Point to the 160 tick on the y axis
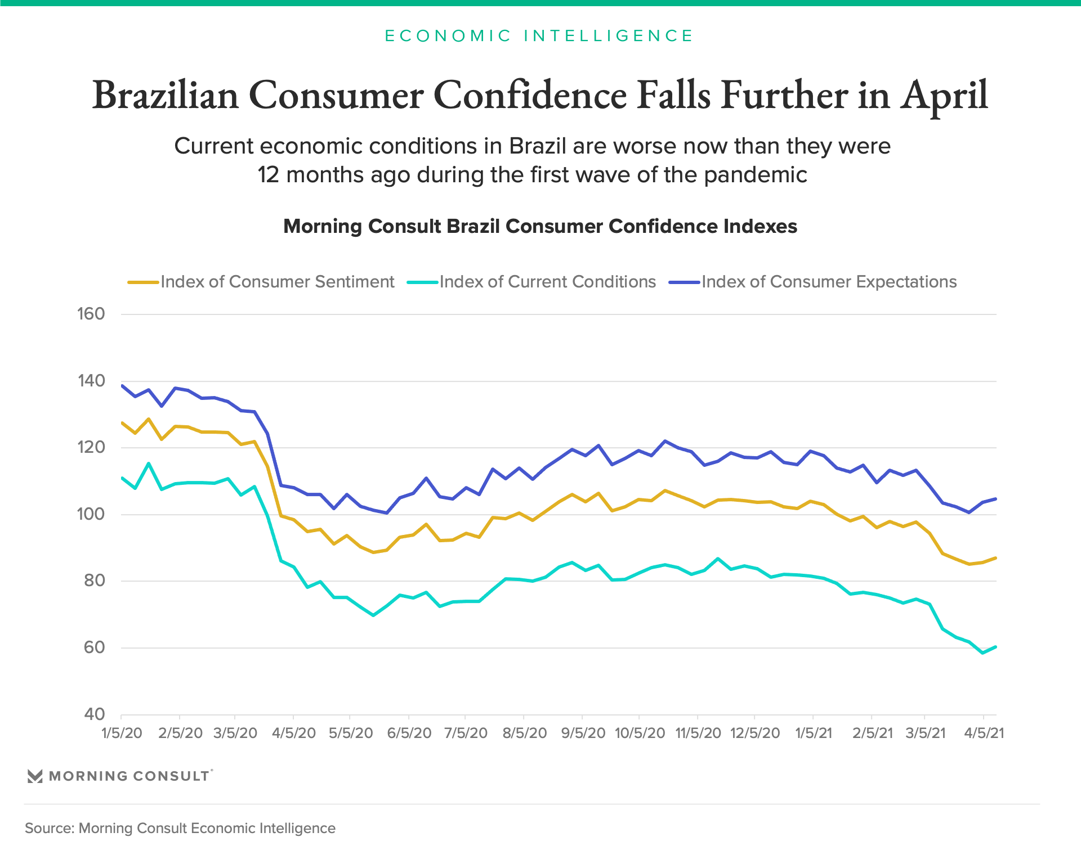(x=91, y=314)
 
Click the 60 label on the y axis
(x=94, y=647)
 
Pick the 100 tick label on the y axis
(x=91, y=514)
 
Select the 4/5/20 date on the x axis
(x=293, y=733)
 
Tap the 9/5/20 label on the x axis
(x=583, y=733)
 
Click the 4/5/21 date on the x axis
(x=984, y=733)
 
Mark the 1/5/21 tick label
(x=814, y=733)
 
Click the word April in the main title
(x=944, y=96)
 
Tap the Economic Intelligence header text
(x=539, y=36)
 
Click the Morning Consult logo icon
(x=35, y=776)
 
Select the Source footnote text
(x=180, y=829)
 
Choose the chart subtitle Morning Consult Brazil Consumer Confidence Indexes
(x=540, y=226)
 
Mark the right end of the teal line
(x=996, y=647)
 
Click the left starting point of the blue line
(x=122, y=385)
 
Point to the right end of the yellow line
(x=996, y=558)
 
